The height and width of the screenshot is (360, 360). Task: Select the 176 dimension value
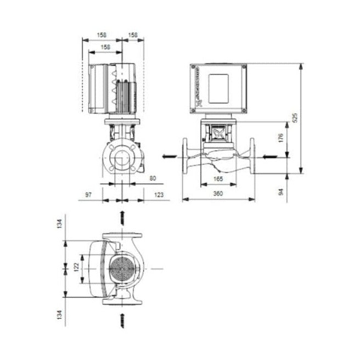tap(280, 137)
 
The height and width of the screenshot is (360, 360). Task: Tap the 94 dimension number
tap(280, 192)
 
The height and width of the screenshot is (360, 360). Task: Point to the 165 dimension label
tap(218, 179)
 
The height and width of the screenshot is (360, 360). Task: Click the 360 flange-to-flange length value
tap(218, 194)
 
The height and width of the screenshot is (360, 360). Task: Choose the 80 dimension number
tap(152, 178)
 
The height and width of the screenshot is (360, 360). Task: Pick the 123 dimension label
tap(159, 194)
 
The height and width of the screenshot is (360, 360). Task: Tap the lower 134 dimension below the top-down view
tap(61, 314)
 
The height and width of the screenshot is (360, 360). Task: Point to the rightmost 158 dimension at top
tap(133, 35)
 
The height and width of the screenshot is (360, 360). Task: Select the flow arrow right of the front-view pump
tap(267, 157)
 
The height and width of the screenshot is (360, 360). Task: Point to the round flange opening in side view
tap(121, 157)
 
